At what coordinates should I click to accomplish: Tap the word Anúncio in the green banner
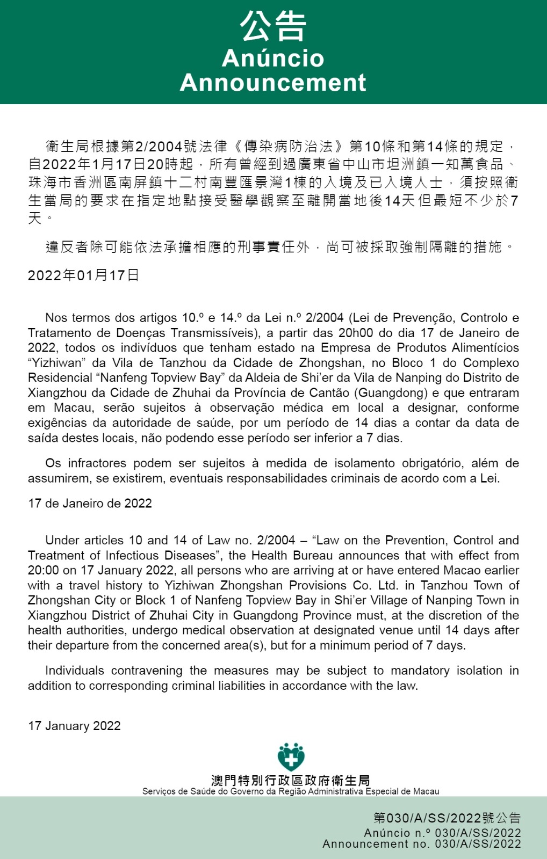point(273,58)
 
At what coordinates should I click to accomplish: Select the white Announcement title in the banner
point(273,83)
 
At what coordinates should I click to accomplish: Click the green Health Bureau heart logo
point(291,757)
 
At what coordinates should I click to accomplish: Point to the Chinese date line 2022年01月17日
point(83,275)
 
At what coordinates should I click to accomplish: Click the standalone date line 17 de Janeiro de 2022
point(90,504)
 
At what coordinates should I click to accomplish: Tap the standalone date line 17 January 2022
point(74,726)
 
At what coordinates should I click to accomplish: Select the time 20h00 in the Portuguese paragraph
point(355,333)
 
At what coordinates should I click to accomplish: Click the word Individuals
point(74,671)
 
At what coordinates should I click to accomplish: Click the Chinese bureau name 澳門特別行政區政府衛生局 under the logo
point(291,781)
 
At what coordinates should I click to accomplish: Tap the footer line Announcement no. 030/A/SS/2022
point(421,844)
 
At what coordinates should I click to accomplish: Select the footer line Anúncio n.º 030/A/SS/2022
point(442,833)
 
